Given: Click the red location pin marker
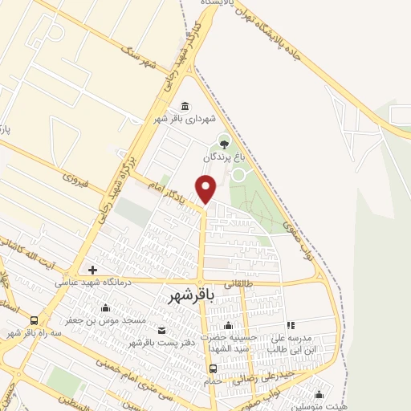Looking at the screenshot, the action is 206,188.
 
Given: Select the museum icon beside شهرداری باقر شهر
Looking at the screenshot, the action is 185,107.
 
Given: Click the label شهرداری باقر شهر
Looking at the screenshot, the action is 186,120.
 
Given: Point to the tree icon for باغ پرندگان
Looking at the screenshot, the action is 224,144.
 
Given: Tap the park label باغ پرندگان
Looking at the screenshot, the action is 224,157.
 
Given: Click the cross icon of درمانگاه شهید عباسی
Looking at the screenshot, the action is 93,270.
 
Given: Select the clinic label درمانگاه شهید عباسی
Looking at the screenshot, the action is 93,282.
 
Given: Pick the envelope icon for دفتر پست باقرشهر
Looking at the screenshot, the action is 162,331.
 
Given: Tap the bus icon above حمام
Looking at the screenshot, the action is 213,368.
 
